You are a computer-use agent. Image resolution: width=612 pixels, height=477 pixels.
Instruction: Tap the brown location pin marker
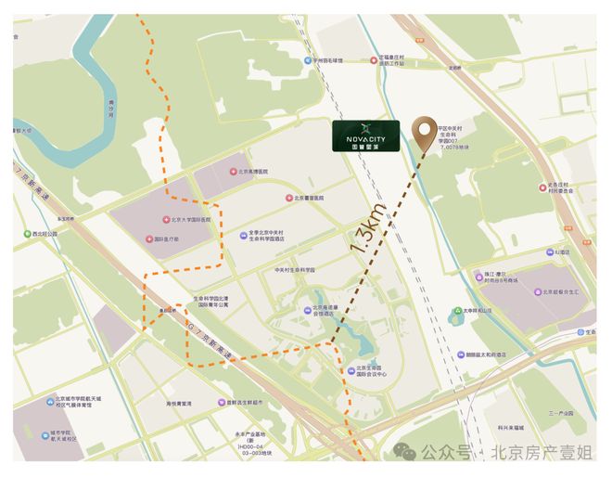(427, 135)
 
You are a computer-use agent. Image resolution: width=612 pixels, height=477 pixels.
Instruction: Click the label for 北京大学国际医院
(191, 221)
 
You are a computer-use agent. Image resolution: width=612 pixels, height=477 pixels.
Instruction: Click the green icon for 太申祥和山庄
(457, 311)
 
